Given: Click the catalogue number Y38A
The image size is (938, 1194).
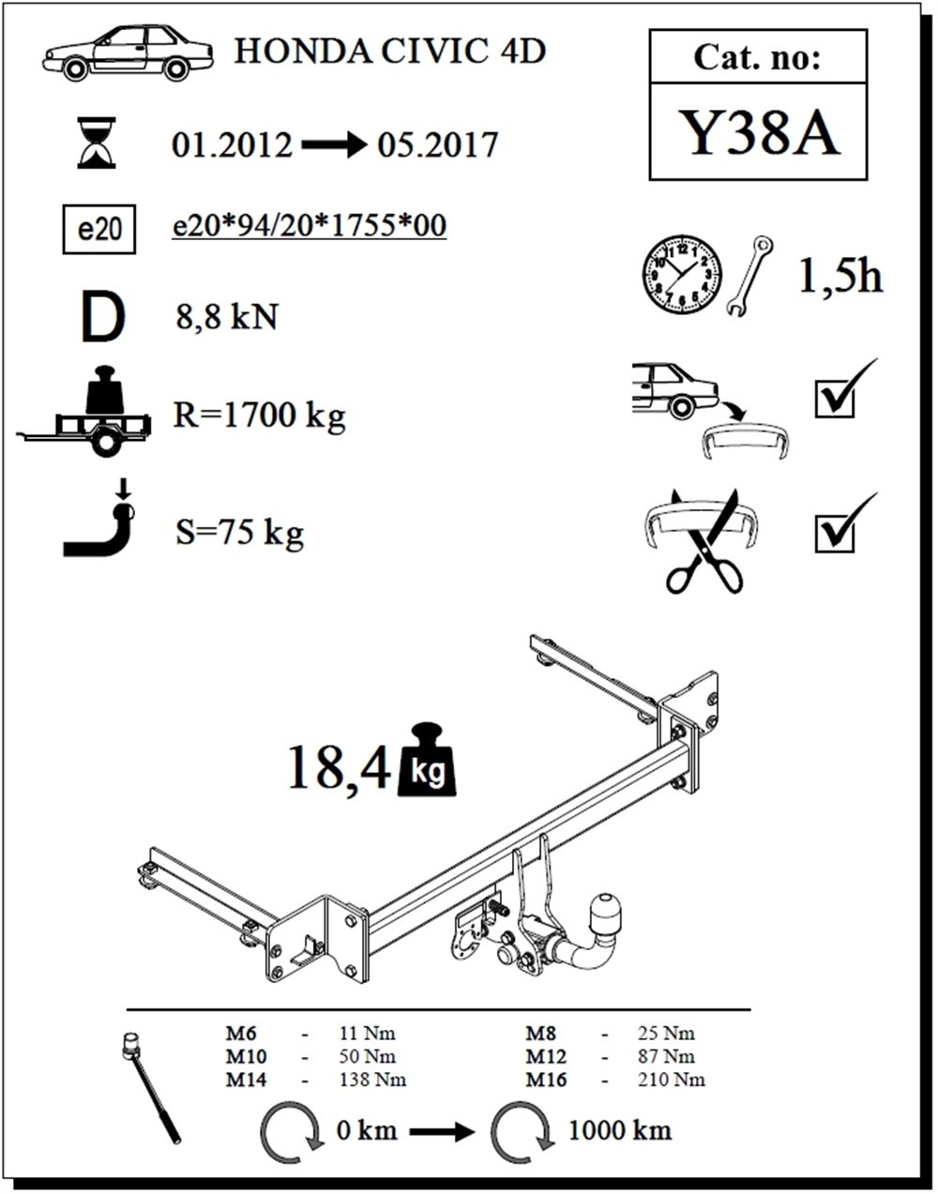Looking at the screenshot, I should (x=757, y=133).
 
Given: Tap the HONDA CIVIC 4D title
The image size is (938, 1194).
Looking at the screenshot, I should (x=389, y=51).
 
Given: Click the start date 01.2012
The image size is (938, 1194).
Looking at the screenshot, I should (x=233, y=145).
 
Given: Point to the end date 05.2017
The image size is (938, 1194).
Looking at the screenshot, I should (x=437, y=145).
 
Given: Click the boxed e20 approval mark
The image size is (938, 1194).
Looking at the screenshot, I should (x=98, y=230).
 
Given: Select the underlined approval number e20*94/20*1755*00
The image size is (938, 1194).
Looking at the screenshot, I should (x=310, y=226).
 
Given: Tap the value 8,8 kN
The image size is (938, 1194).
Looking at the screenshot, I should (x=227, y=316).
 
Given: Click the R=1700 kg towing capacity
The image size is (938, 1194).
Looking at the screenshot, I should (x=260, y=414).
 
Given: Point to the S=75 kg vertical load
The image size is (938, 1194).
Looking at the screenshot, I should (x=240, y=533).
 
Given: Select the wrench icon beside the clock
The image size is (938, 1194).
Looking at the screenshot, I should (x=749, y=275).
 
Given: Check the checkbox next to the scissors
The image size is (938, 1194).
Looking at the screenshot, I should (x=834, y=533).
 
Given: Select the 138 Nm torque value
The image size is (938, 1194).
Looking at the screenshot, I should (x=372, y=1080).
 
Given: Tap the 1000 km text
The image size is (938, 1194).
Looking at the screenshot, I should (x=619, y=1129).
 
